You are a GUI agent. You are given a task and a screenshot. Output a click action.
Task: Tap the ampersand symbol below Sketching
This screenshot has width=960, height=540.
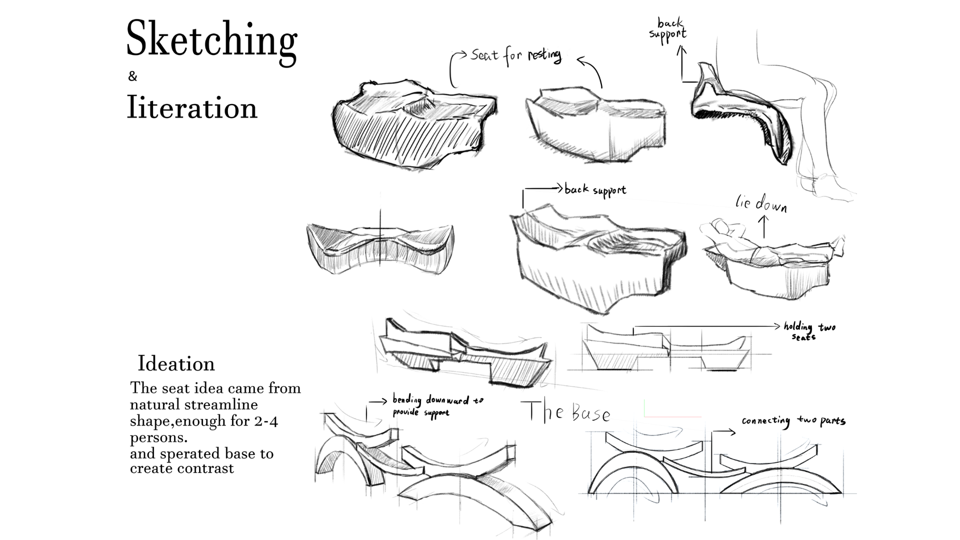pyautogui.click(x=132, y=76)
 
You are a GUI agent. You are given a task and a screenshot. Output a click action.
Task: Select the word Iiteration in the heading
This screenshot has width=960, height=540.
pyautogui.click(x=192, y=107)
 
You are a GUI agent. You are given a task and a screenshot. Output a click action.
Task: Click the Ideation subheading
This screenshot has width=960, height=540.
pyautogui.click(x=176, y=363)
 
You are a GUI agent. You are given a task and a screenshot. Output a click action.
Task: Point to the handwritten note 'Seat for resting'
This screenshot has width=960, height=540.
pyautogui.click(x=515, y=55)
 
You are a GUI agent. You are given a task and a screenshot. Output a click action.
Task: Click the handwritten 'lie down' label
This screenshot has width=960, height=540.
pyautogui.click(x=761, y=203)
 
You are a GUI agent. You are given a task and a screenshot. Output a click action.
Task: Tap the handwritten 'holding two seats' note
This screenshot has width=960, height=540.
pyautogui.click(x=809, y=330)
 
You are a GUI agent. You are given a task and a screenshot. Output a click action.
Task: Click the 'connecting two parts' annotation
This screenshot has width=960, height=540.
pyautogui.click(x=793, y=421)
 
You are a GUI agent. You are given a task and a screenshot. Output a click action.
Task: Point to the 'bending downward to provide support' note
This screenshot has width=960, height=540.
pyautogui.click(x=437, y=405)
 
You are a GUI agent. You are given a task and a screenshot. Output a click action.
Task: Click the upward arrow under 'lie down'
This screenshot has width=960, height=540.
pyautogui.click(x=763, y=226)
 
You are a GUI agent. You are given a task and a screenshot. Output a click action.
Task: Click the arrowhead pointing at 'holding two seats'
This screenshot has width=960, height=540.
pyautogui.click(x=776, y=326)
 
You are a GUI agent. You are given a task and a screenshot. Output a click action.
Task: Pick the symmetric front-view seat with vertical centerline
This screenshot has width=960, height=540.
pyautogui.click(x=380, y=247)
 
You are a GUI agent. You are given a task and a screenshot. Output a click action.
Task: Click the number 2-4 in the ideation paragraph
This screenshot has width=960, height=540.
pyautogui.click(x=265, y=421)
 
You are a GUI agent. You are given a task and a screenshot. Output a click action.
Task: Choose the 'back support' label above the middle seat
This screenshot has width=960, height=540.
pyautogui.click(x=595, y=190)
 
